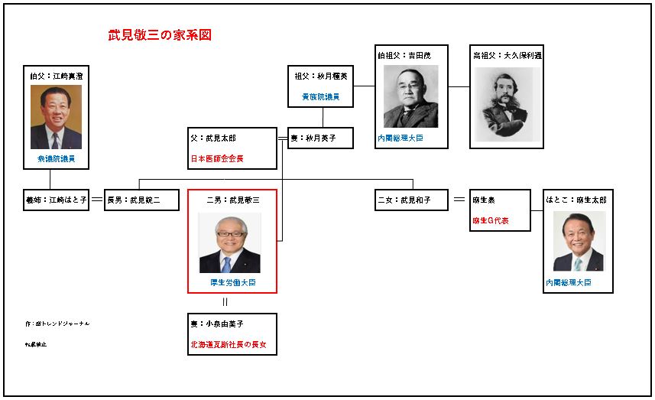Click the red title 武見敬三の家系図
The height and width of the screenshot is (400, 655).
pos(160,35)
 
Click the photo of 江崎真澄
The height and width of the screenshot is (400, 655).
pos(56,116)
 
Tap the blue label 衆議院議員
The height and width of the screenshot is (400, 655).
pos(56,159)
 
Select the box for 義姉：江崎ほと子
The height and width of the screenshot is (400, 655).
pos(56,200)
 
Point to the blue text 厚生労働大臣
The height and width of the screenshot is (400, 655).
pos(232,282)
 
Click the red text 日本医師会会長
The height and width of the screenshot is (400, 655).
pos(222,159)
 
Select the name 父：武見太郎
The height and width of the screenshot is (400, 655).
pos(213,138)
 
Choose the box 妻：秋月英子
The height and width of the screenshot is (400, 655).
pos(321,138)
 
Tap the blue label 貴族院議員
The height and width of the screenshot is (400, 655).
pos(320,97)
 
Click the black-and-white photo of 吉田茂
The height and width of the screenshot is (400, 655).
pos(410,96)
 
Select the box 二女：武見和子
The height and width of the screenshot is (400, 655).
pos(413,200)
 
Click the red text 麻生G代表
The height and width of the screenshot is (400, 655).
pos(491,220)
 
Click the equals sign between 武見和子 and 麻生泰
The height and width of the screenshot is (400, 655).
pos(459,200)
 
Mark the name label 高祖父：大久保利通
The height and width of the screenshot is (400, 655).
pos(505,56)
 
